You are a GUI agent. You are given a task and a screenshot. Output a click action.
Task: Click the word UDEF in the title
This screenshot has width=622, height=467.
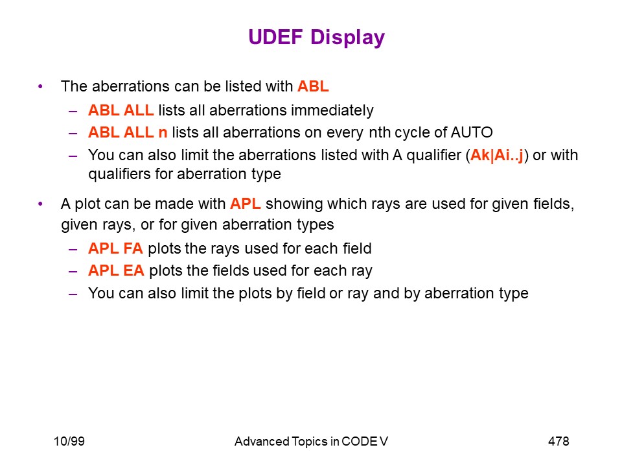[276, 37]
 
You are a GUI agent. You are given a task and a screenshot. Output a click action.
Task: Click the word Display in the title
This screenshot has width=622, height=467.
[347, 38]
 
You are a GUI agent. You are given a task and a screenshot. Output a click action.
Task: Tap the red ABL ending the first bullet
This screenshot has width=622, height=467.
[313, 86]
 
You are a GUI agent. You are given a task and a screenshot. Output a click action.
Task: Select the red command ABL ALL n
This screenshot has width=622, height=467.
[128, 132]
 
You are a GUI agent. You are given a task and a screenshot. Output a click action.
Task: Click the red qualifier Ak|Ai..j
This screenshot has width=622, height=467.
[497, 155]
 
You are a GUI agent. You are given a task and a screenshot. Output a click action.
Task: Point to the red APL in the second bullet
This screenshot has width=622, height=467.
[245, 204]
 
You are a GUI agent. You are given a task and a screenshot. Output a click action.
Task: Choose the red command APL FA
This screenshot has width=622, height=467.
[115, 248]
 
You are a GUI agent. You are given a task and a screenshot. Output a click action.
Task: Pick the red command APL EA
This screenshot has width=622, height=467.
[116, 270]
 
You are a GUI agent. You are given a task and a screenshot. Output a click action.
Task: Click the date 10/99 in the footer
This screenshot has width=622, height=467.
[69, 441]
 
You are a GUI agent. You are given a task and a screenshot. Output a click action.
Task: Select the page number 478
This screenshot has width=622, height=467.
[559, 441]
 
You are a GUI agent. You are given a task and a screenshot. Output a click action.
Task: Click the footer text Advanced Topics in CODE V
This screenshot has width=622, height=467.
[311, 442]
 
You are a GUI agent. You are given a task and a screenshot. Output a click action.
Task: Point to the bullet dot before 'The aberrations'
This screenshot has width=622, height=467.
[40, 86]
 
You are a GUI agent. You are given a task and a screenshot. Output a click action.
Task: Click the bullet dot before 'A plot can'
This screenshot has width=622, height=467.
[40, 204]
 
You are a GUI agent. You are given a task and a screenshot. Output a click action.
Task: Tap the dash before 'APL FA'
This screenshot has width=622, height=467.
[73, 249]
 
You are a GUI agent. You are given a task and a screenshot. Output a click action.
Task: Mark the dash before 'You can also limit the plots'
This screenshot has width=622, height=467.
[73, 294]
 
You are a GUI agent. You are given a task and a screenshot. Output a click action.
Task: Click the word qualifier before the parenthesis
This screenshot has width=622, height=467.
[434, 156]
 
